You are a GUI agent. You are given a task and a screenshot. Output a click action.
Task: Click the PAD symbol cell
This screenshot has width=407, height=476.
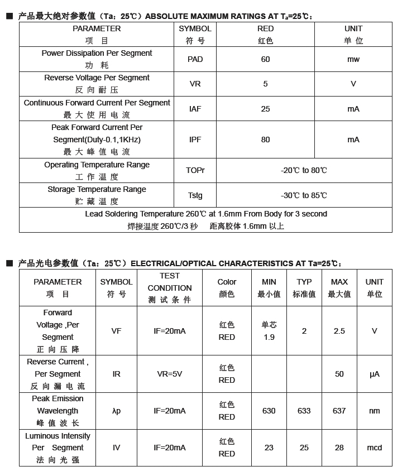pyautogui.click(x=195, y=59)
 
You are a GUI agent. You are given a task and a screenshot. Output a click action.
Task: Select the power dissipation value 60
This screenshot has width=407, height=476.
pyautogui.click(x=265, y=59)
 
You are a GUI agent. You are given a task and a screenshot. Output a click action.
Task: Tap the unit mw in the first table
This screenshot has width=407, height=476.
pyautogui.click(x=353, y=59)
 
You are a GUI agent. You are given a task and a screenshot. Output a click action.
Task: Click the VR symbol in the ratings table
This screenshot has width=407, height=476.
pyautogui.click(x=195, y=84)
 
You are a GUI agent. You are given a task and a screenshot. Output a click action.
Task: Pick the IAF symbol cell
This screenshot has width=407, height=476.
pyautogui.click(x=195, y=109)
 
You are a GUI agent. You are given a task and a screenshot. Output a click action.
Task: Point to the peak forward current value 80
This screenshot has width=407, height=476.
pyautogui.click(x=265, y=140)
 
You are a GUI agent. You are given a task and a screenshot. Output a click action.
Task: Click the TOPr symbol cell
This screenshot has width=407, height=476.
pyautogui.click(x=195, y=170)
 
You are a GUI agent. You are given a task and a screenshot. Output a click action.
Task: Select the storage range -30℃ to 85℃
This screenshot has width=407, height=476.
pyautogui.click(x=304, y=195)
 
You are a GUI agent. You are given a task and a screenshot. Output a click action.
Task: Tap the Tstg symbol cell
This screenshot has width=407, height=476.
pyautogui.click(x=195, y=195)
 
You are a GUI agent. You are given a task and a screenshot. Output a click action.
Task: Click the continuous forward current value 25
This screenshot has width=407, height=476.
pyautogui.click(x=265, y=109)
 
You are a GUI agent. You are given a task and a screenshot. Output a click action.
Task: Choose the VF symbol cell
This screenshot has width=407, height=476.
pyautogui.click(x=116, y=331)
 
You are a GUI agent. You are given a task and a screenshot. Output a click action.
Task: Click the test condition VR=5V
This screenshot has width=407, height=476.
pyautogui.click(x=170, y=374)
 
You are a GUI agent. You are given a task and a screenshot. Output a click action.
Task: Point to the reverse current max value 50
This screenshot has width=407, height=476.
pyautogui.click(x=339, y=374)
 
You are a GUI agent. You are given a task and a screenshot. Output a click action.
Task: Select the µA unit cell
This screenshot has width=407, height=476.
pyautogui.click(x=374, y=374)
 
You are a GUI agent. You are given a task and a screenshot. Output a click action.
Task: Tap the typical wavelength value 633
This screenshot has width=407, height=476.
pyautogui.click(x=304, y=411)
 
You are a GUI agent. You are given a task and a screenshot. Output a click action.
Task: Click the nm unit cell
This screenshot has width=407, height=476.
pyautogui.click(x=374, y=411)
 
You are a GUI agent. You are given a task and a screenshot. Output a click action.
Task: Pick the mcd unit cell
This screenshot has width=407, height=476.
pyautogui.click(x=374, y=448)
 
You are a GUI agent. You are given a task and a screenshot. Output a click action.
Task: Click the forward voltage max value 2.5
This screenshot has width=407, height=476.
pyautogui.click(x=339, y=331)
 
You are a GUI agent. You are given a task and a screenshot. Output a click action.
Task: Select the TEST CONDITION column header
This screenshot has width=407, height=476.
pyautogui.click(x=170, y=287)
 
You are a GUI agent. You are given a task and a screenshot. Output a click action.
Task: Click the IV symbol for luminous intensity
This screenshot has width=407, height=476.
pyautogui.click(x=116, y=448)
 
